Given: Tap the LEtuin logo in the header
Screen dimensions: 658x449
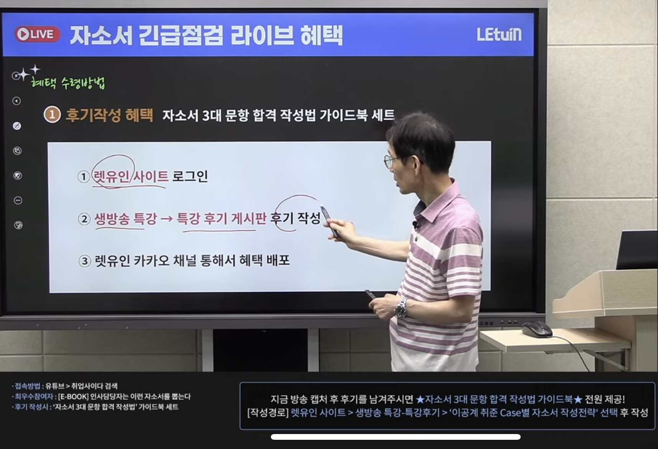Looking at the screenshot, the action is (x=499, y=34).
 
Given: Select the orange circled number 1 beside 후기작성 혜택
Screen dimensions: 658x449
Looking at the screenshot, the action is (x=52, y=115).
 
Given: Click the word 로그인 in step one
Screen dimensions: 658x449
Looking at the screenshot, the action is (x=190, y=176).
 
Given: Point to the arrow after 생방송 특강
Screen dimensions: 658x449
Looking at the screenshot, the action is (x=167, y=219).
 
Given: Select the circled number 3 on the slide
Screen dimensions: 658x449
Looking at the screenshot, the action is (x=84, y=261).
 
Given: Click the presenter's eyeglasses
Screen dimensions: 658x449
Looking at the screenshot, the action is (x=391, y=160).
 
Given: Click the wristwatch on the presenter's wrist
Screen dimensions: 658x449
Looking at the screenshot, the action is (x=401, y=308).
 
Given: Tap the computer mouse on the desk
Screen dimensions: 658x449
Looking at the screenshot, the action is (x=536, y=329).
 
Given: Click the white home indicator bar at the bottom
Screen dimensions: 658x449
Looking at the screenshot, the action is (x=396, y=437).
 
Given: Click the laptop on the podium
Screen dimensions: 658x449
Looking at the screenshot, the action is (x=636, y=250).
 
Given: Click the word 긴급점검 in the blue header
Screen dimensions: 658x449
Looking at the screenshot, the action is (x=181, y=35).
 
